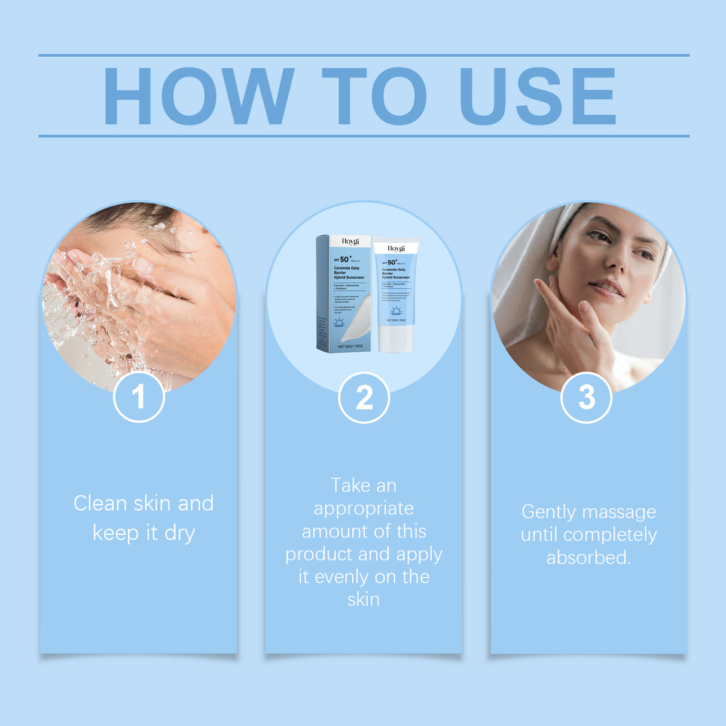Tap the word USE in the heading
(x=536, y=96)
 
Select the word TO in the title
(x=374, y=96)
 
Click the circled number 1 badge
(x=139, y=397)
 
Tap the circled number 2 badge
(x=364, y=398)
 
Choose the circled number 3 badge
(x=587, y=398)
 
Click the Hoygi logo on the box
(x=350, y=242)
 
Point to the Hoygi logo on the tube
(x=396, y=248)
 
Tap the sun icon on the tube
(x=396, y=311)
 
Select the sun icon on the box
(x=339, y=323)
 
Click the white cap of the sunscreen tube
(x=396, y=338)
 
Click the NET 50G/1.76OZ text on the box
(x=350, y=346)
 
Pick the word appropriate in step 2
(x=364, y=508)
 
